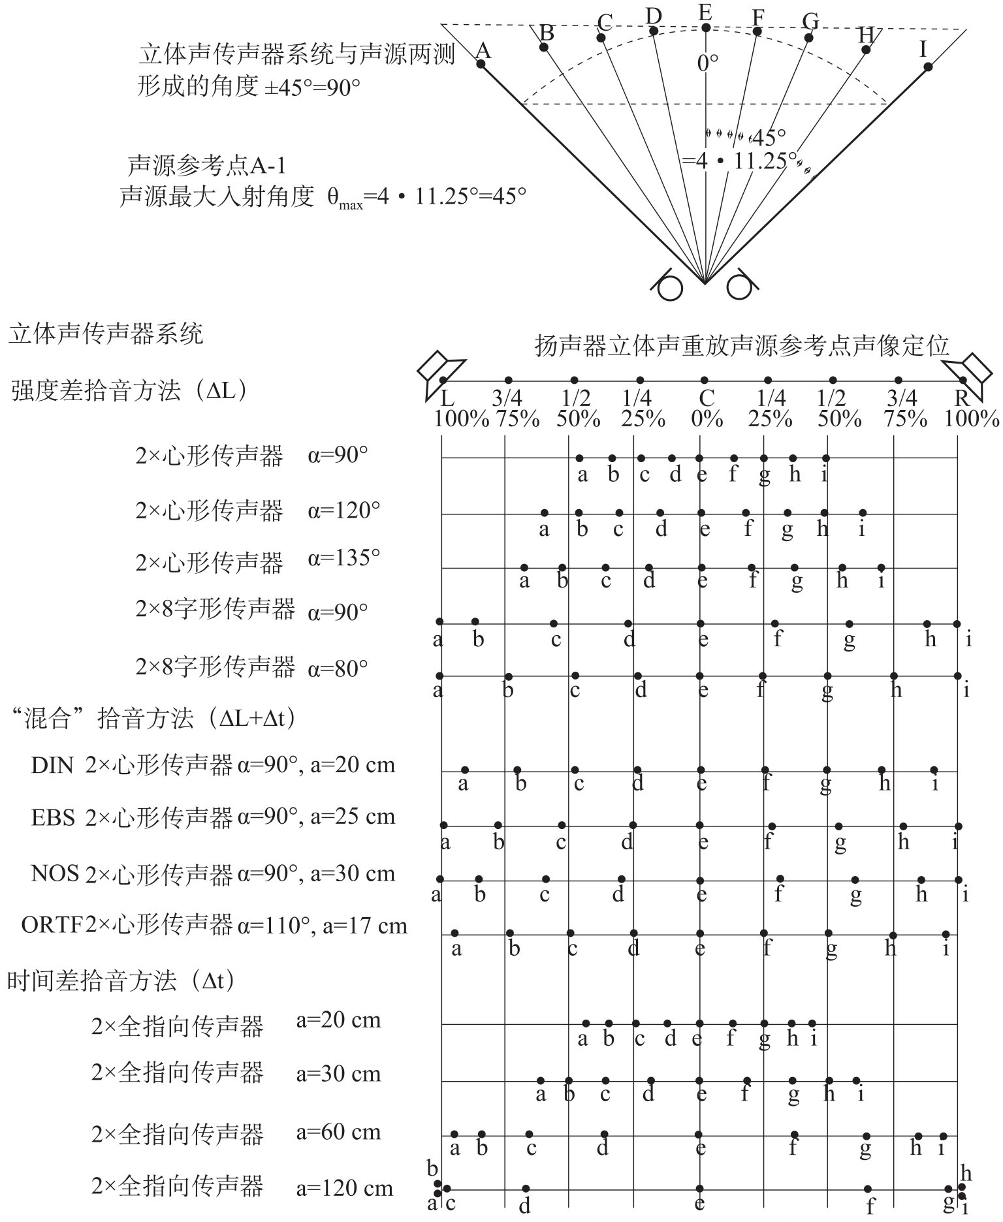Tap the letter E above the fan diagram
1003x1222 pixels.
click(705, 13)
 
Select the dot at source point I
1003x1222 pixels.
click(928, 67)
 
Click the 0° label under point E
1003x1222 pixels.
click(707, 63)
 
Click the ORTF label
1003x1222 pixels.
click(52, 925)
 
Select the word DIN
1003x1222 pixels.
click(52, 764)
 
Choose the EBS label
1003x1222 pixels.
click(52, 817)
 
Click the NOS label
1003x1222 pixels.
click(54, 873)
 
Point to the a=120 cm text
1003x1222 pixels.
click(345, 1188)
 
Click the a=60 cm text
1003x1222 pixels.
click(338, 1132)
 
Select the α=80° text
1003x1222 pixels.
click(338, 668)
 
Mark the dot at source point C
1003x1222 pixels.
click(601, 37)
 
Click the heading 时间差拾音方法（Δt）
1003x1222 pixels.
click(121, 980)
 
